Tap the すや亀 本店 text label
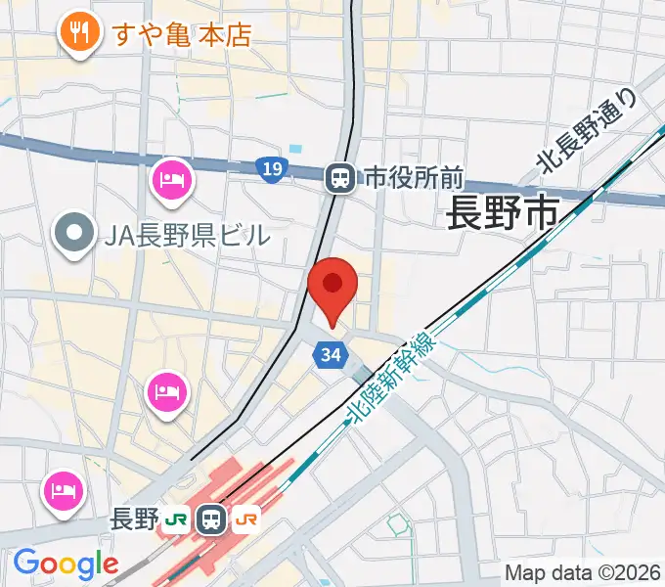183,35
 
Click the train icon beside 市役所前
340,177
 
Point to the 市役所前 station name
413,178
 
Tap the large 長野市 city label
503,212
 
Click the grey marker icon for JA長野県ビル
73,235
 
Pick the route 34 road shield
331,355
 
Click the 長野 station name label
135,519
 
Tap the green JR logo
177,519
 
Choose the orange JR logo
247,519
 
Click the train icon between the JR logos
211,519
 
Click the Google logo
66,564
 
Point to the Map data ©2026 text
582,572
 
